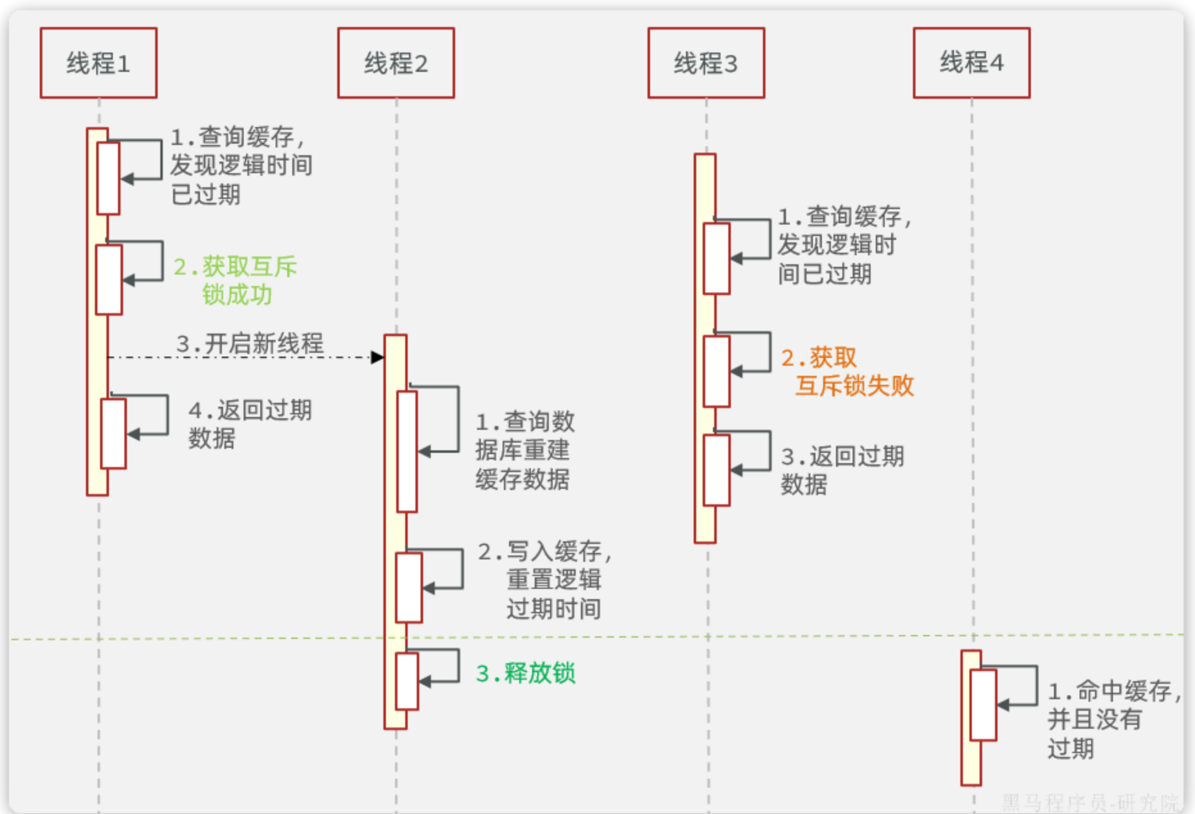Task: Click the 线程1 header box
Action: point(98,63)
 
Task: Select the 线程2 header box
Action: point(396,63)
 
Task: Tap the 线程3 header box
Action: point(706,63)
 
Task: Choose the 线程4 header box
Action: point(971,63)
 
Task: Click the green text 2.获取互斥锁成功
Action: point(235,280)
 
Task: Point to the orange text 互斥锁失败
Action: point(854,386)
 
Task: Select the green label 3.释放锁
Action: point(526,673)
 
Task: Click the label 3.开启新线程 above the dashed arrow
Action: point(250,343)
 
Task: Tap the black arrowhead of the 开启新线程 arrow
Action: point(378,357)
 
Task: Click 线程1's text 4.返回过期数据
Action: point(250,423)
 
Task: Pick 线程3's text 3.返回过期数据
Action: point(842,470)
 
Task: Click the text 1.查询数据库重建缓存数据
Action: point(524,450)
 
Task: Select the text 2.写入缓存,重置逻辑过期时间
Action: point(545,579)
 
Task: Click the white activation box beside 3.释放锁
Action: point(406,681)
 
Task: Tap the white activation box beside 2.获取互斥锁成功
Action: point(108,279)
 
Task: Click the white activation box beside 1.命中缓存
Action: point(983,704)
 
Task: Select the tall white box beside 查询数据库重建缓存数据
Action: point(406,451)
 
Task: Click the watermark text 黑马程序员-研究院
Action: point(1090,802)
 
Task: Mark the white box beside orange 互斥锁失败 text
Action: point(716,371)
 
